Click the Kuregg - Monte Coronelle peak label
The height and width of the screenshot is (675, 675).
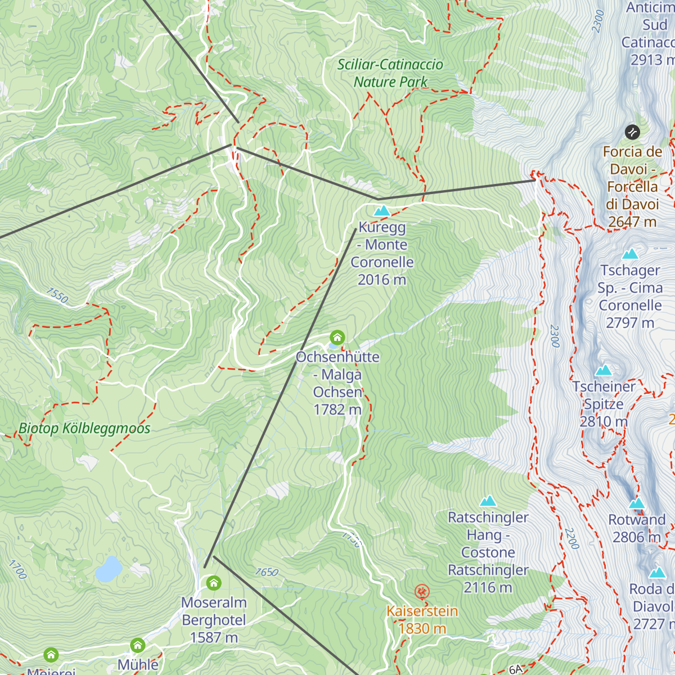point(382,254)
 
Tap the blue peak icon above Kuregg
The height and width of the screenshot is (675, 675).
point(382,211)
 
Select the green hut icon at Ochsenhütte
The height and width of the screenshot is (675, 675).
point(337,337)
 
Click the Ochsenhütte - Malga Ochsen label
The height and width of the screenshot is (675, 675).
point(337,383)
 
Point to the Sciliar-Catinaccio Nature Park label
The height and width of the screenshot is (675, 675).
point(390,73)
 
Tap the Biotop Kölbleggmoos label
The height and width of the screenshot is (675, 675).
point(84,429)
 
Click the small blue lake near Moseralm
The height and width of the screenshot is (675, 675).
point(108,569)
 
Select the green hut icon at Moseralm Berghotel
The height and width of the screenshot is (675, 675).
point(214,583)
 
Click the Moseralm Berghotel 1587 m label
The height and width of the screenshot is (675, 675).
point(214,620)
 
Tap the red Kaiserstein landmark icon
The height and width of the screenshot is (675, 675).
point(422,592)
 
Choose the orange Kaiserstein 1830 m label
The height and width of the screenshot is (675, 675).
point(422,620)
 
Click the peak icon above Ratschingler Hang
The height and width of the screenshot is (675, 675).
point(488,501)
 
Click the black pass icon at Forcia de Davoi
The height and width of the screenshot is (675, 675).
point(632,132)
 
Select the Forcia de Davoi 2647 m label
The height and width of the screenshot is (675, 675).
point(632,187)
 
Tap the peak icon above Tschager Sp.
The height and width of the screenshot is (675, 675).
point(630,254)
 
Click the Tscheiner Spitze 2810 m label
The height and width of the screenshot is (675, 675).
point(604,404)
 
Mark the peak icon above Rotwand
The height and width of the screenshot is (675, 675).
point(637,503)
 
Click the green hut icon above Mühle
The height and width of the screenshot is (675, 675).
point(138,645)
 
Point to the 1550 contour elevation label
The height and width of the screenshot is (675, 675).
point(57,295)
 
